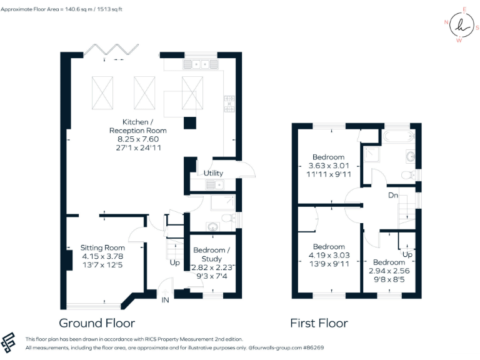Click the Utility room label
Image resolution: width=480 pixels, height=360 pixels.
coord(212,173)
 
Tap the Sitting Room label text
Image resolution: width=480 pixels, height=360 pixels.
coord(103,247)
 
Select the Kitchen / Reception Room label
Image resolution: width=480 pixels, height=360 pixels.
coord(129,126)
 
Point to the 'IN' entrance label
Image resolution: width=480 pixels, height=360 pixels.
coord(166,301)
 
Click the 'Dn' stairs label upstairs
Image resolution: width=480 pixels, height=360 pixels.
coord(393,195)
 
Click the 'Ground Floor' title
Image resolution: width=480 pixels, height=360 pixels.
coord(96,323)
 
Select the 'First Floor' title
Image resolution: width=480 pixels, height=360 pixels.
coord(319,323)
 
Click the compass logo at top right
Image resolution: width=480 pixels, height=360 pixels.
coord(461,26)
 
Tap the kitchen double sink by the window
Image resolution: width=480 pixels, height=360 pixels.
coord(200,64)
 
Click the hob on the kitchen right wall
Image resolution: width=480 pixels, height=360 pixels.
coord(229,102)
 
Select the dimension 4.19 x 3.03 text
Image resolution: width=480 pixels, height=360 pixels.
coord(329,255)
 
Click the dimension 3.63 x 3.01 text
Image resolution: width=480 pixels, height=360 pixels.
coord(329,166)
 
